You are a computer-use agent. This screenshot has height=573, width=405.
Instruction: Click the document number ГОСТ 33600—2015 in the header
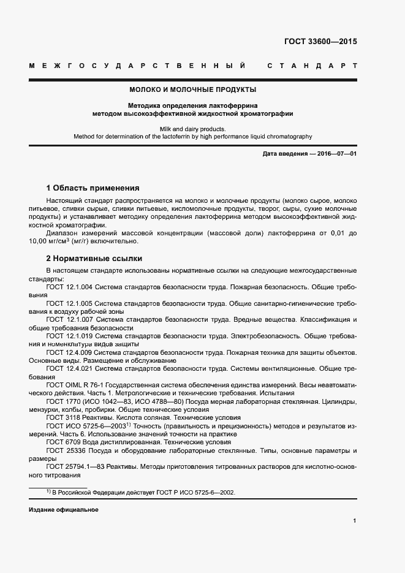320,42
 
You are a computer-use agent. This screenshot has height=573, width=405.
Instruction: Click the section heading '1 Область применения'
93,188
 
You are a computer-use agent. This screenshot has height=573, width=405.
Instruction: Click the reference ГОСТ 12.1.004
69,287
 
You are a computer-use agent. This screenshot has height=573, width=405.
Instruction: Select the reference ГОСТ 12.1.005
69,303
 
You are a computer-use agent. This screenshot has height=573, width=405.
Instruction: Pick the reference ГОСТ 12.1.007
69,320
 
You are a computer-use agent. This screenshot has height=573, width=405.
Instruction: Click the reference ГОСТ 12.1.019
69,336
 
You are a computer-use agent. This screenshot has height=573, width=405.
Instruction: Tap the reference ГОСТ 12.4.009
69,353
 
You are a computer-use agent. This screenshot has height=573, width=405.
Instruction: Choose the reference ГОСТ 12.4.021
69,370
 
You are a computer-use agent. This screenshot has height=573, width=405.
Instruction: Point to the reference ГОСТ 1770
61,401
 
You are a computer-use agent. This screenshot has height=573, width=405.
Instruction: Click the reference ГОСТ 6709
61,442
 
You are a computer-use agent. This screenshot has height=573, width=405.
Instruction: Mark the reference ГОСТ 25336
63,450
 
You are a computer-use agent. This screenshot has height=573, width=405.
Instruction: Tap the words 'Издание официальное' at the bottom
63,510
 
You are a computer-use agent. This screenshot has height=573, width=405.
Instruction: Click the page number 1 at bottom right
354,521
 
